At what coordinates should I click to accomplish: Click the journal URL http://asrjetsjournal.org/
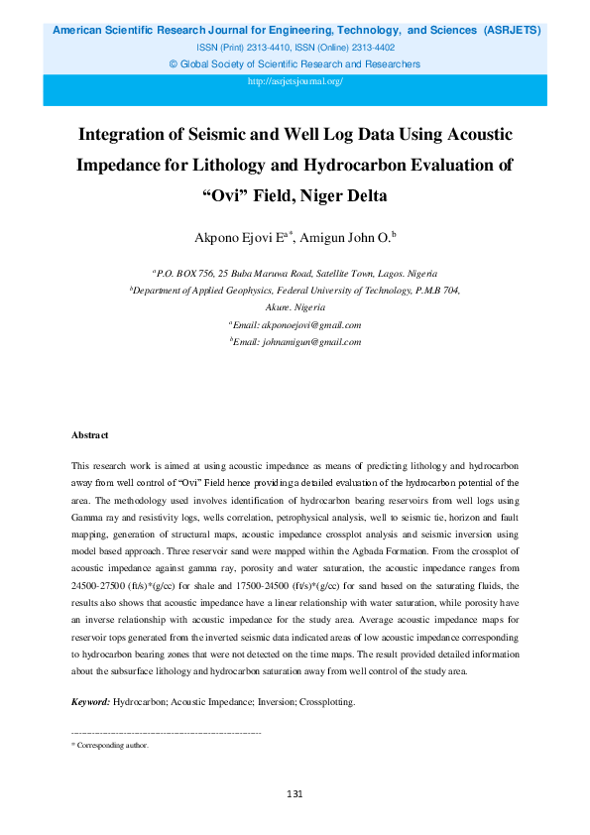295,80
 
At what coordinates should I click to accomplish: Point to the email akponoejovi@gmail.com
310,324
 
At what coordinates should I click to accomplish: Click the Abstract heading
90,435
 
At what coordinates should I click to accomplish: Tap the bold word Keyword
89,702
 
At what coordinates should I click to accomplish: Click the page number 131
295,794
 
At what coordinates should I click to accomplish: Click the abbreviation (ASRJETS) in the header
512,30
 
